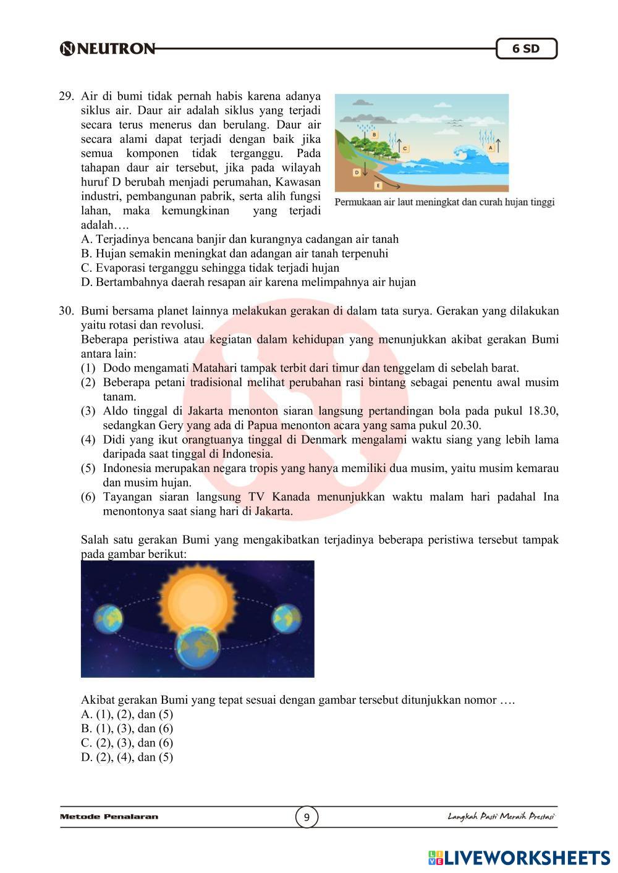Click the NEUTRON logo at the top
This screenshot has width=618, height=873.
(108, 49)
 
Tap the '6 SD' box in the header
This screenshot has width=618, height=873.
(526, 49)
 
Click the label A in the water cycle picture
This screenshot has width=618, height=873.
(491, 148)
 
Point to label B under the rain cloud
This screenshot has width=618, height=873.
(375, 133)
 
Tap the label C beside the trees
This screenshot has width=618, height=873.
(405, 148)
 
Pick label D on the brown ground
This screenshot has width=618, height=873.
(357, 172)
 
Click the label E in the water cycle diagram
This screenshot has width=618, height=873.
(378, 185)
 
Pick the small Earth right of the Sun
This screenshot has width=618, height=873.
(286, 617)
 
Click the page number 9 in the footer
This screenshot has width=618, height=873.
(307, 817)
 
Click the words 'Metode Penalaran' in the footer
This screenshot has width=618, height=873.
(109, 817)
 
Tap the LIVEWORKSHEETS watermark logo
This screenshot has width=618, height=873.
(519, 857)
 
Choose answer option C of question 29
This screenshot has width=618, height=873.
(210, 268)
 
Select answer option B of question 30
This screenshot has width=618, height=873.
(127, 728)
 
